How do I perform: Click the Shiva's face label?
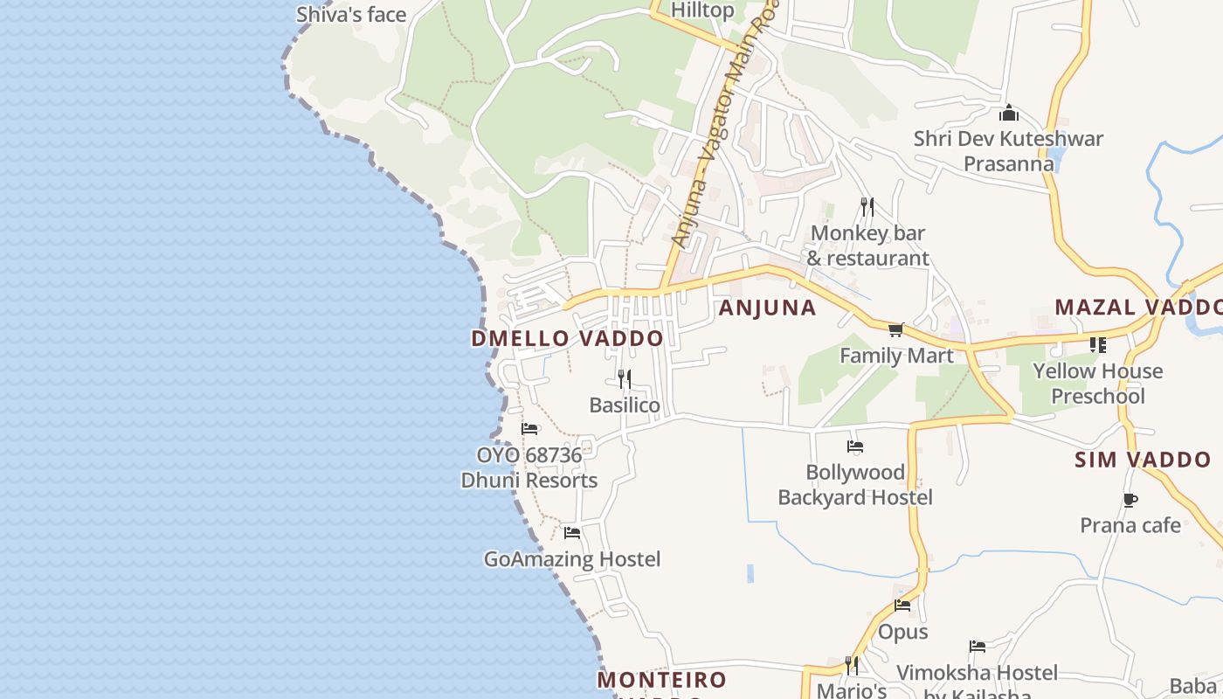tap(351, 15)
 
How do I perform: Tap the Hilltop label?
tap(702, 10)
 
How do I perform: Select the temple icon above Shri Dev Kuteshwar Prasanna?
tap(1009, 113)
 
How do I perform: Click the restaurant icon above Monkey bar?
tap(867, 207)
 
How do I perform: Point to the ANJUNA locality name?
tap(767, 308)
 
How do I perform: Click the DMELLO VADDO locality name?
tap(567, 339)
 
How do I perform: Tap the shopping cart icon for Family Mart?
tap(895, 330)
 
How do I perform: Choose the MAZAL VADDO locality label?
tap(1138, 308)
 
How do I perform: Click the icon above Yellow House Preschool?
tap(1097, 345)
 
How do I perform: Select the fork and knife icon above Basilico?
tap(624, 379)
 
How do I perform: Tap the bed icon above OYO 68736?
tap(529, 429)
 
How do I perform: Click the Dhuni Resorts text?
tap(529, 481)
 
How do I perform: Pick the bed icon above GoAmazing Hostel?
tap(572, 533)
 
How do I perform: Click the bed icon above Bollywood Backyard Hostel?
tap(855, 446)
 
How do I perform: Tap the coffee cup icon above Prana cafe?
tap(1130, 500)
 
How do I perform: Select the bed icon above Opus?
tap(902, 606)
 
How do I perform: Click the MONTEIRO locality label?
tap(662, 680)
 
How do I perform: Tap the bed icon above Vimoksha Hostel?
tap(978, 647)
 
